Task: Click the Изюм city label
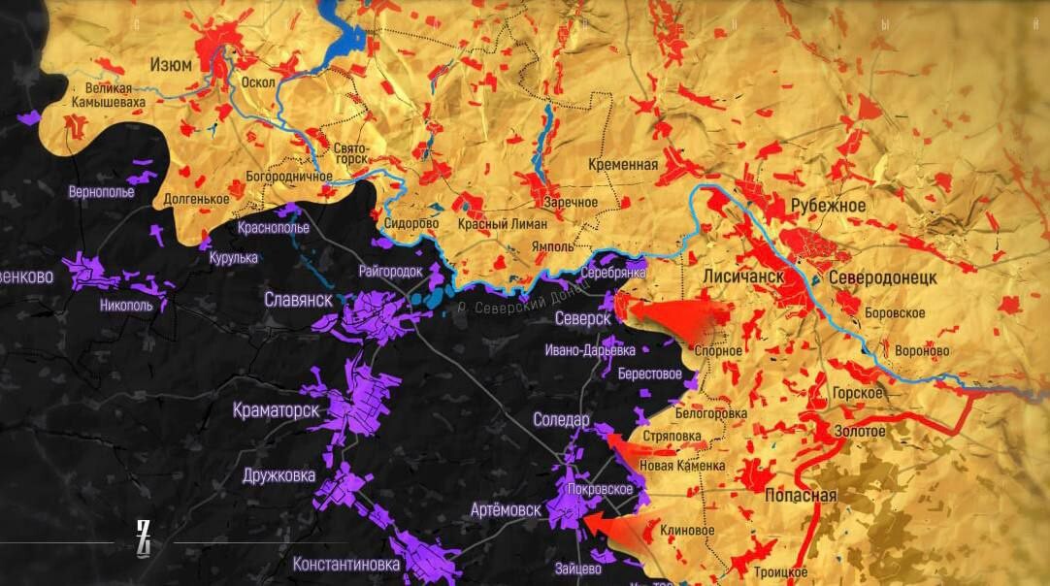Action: pos(170,64)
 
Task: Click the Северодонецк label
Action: pos(882,277)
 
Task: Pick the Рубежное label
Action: pos(827,206)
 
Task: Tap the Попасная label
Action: pos(801,496)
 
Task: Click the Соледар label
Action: pos(561,420)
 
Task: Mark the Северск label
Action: pos(582,318)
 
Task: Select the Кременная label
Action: pos(623,165)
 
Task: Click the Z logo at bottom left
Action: pos(144,538)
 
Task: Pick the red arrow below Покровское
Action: pos(611,527)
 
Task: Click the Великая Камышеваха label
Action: pos(109,94)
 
